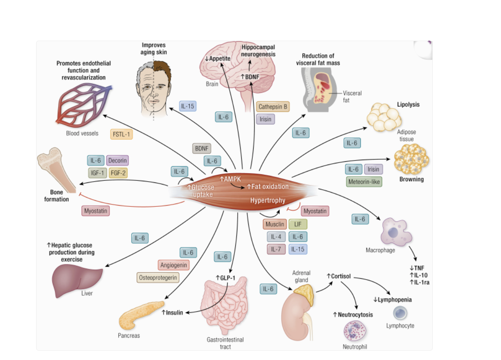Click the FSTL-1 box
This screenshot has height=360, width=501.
click(x=121, y=134)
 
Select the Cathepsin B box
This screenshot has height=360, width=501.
click(x=273, y=107)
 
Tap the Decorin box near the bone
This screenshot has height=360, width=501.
click(x=117, y=160)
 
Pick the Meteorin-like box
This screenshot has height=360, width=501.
click(x=364, y=182)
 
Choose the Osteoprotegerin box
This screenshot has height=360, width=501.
click(x=158, y=278)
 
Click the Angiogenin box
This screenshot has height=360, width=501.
click(x=174, y=265)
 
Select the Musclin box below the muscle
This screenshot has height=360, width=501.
click(x=274, y=224)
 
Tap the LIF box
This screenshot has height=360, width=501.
click(x=298, y=224)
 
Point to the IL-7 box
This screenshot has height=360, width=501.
click(x=276, y=249)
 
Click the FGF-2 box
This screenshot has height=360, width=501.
click(x=119, y=173)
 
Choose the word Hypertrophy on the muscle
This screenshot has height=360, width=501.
click(x=267, y=200)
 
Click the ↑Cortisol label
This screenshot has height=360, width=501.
click(x=339, y=276)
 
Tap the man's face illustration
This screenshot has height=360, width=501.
click(x=153, y=89)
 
